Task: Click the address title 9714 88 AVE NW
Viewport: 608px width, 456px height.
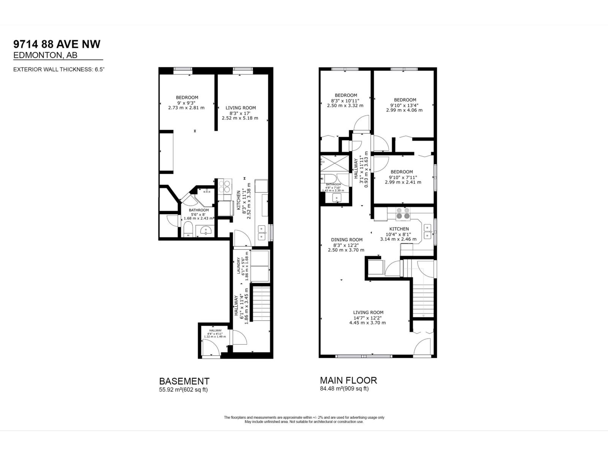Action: (57, 44)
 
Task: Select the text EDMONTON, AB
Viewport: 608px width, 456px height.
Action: (45, 55)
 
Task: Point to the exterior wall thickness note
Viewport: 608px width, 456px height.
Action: (59, 70)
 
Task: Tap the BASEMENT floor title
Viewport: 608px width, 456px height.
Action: (184, 381)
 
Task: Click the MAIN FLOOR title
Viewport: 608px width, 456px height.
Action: (348, 380)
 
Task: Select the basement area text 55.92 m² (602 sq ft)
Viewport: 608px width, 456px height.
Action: (183, 390)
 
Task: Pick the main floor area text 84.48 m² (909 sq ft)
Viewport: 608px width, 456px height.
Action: (344, 389)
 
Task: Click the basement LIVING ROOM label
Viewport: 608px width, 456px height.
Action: (240, 108)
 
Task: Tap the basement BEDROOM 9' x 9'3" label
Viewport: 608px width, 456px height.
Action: (187, 98)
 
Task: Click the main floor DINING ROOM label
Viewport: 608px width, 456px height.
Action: (346, 240)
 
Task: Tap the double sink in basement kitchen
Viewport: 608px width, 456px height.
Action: (262, 232)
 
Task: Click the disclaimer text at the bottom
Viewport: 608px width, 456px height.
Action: (304, 420)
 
